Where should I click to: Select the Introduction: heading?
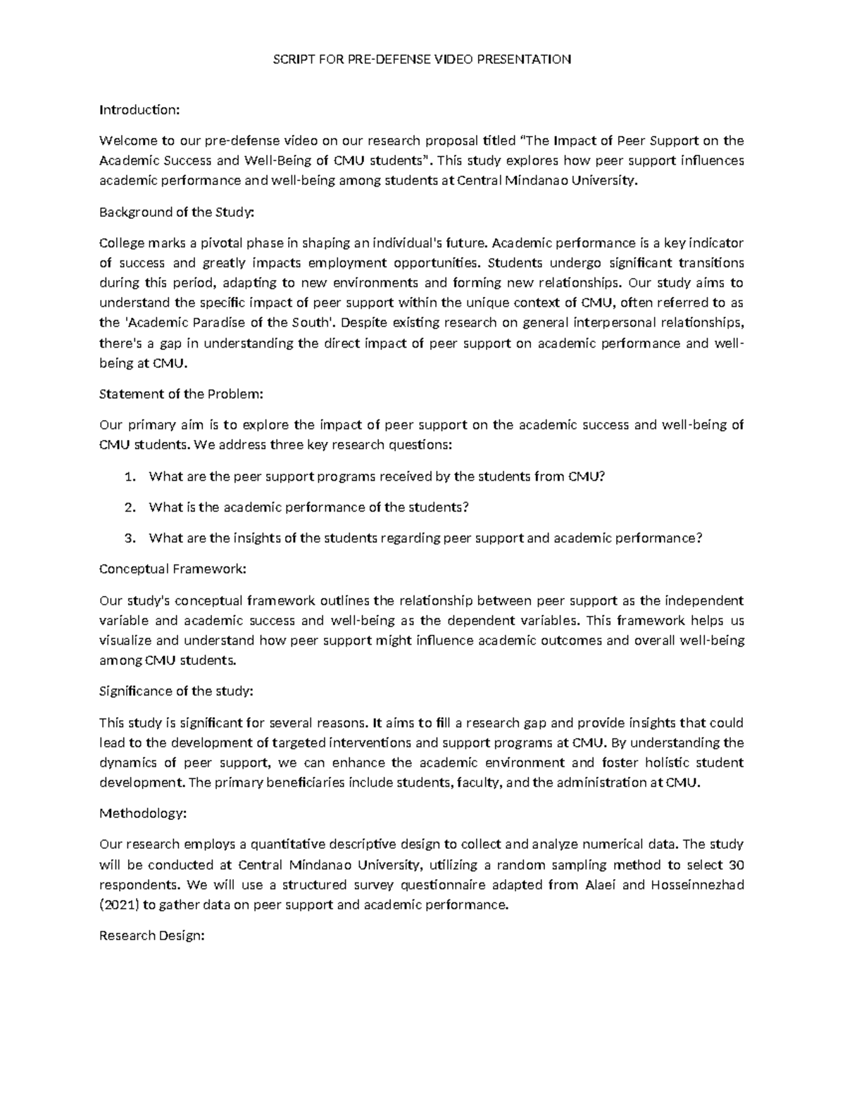(x=139, y=110)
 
